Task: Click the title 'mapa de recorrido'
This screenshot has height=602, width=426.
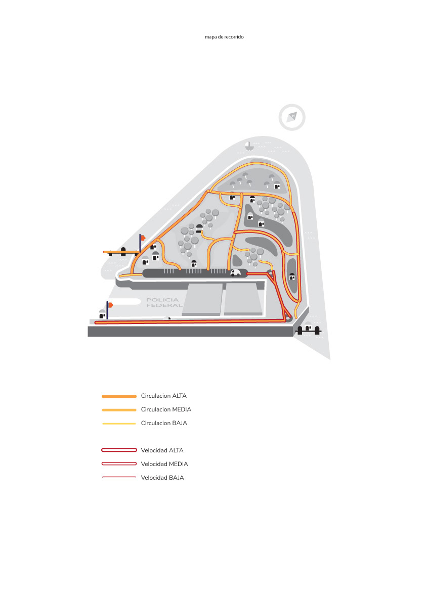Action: [x=224, y=37]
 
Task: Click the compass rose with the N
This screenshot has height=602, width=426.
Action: [x=292, y=117]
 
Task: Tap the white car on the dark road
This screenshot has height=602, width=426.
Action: [x=236, y=273]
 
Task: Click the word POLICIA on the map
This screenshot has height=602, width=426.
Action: [x=163, y=300]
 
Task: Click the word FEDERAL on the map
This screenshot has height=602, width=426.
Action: [x=163, y=305]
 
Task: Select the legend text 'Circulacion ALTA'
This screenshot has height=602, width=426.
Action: [x=164, y=396]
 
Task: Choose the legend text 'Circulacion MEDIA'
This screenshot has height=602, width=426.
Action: [x=166, y=409]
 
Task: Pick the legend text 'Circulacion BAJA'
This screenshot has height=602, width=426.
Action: [x=164, y=423]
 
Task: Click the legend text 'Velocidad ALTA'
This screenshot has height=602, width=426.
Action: [x=162, y=450]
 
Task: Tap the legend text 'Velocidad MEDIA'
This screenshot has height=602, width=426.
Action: [x=164, y=464]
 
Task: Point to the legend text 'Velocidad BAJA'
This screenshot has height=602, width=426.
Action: [x=162, y=477]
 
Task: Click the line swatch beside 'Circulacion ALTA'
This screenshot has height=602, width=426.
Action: [x=119, y=396]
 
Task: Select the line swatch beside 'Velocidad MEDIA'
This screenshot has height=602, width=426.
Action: [x=119, y=464]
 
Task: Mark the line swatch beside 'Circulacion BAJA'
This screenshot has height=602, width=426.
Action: [x=119, y=423]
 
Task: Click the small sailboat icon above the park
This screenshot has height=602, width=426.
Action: [x=248, y=146]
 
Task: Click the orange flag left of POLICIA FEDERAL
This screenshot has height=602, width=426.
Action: [x=110, y=305]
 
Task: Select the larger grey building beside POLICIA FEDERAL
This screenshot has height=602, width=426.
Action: [x=202, y=299]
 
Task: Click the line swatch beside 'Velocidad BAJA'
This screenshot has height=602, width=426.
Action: [x=119, y=477]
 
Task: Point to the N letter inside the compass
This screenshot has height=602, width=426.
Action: [x=293, y=116]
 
